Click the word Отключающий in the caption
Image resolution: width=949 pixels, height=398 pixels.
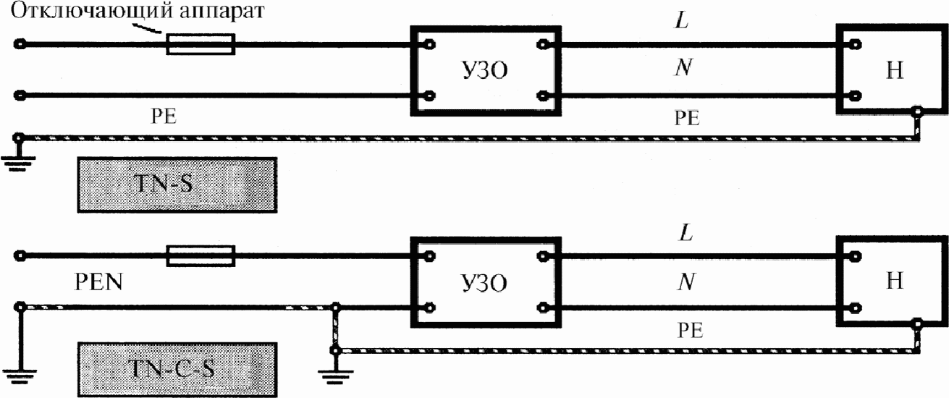(x=91, y=11)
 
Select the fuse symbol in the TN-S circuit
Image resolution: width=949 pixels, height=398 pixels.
(x=201, y=44)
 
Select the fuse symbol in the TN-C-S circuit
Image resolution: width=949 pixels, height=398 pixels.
(x=201, y=255)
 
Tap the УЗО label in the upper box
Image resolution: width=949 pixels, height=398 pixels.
(x=485, y=71)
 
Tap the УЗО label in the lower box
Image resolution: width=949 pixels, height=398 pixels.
(x=484, y=283)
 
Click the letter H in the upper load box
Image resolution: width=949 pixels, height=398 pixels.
(x=895, y=70)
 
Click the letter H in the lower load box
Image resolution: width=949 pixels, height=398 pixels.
(x=895, y=280)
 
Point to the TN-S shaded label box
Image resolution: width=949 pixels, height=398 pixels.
(x=177, y=185)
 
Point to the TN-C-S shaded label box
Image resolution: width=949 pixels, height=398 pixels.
(x=177, y=369)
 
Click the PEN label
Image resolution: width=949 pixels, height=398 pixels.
(x=98, y=282)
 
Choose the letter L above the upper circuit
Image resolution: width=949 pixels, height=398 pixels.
(x=682, y=20)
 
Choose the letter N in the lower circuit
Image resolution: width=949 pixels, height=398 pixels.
(x=686, y=281)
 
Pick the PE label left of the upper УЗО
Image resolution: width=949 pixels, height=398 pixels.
(x=164, y=116)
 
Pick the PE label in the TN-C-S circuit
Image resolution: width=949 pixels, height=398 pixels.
(x=690, y=330)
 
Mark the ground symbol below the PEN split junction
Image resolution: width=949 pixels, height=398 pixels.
(x=336, y=373)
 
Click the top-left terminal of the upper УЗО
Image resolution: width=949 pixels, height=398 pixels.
(x=429, y=44)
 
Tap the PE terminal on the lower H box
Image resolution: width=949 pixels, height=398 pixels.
(x=917, y=325)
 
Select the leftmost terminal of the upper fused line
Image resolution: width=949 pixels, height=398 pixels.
(x=20, y=44)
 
